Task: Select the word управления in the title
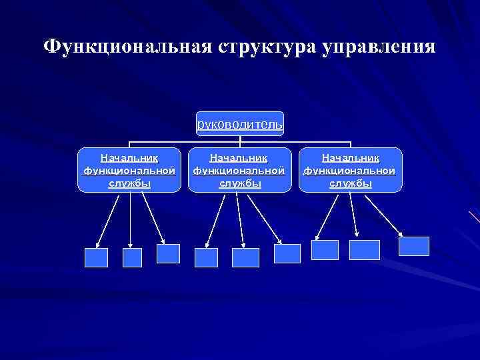379,47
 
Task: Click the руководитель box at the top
240,124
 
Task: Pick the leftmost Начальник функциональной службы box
129,171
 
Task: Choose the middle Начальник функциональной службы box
240,171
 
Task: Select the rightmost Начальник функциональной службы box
351,171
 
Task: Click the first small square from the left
96,257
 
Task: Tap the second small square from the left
133,257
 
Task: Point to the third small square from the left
168,253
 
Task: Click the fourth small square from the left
206,257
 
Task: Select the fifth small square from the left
245,257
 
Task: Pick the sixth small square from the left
287,253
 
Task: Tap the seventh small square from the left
325,250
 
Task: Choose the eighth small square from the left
364,250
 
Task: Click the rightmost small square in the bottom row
414,246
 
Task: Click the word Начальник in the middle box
240,158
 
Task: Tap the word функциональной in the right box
351,171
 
